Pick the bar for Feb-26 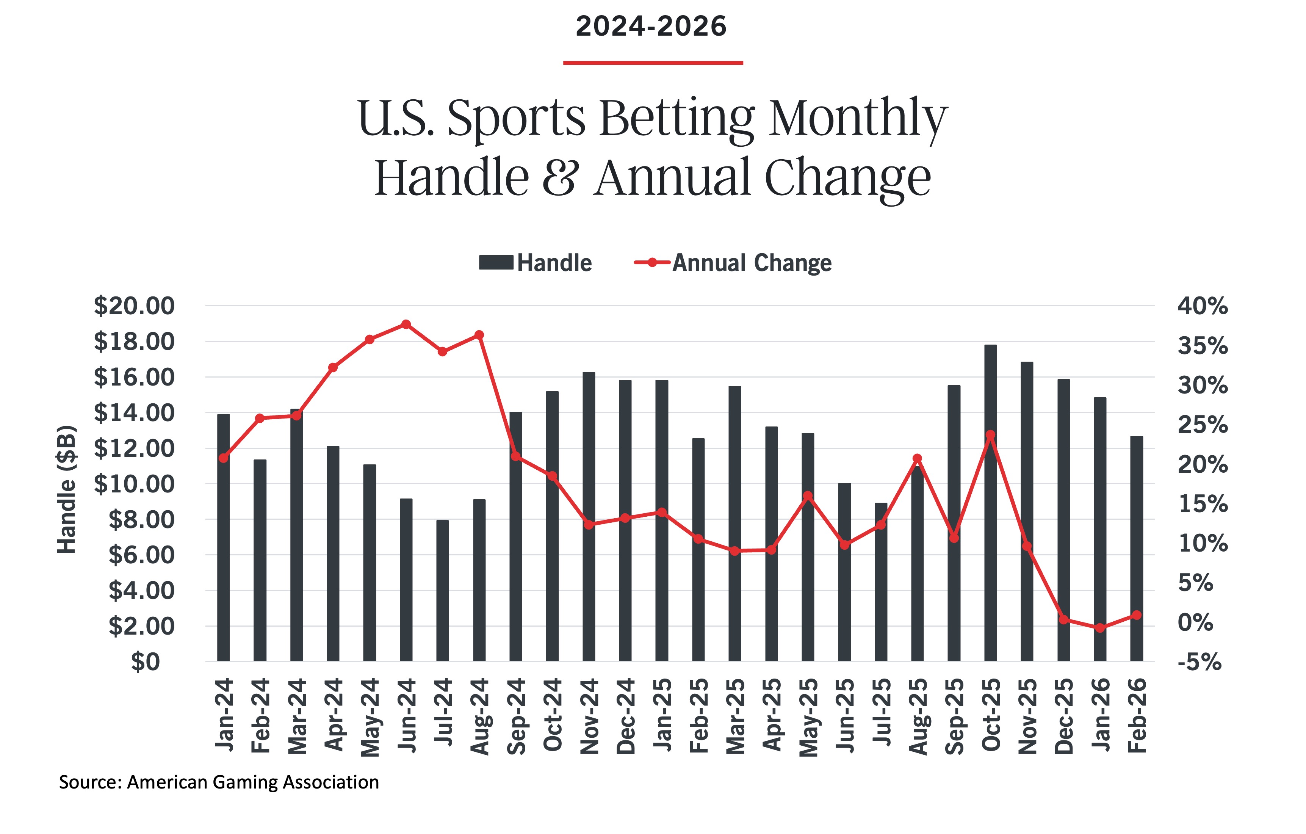tap(1137, 548)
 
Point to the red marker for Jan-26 tap(1100, 628)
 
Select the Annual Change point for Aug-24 tap(479, 335)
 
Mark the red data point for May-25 tap(808, 495)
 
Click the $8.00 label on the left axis tap(142, 520)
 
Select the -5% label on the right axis tap(1199, 662)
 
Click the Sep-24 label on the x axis tap(516, 716)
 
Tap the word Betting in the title tap(677, 118)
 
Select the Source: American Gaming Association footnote tap(219, 782)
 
